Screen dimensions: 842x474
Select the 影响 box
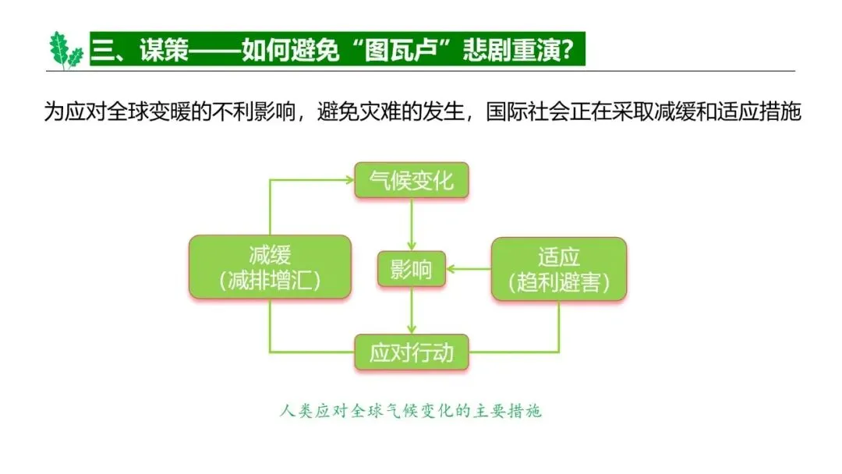click(411, 270)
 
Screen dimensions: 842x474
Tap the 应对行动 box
click(411, 353)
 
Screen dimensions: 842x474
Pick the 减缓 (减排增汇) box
click(270, 267)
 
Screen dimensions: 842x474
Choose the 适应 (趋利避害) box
click(558, 269)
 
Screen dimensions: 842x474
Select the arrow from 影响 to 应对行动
click(411, 313)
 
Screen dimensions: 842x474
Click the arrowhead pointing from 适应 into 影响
click(452, 270)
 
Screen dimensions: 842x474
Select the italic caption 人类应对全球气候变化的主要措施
click(410, 411)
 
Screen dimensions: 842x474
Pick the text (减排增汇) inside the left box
click(270, 281)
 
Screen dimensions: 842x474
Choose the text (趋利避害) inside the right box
click(558, 283)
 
